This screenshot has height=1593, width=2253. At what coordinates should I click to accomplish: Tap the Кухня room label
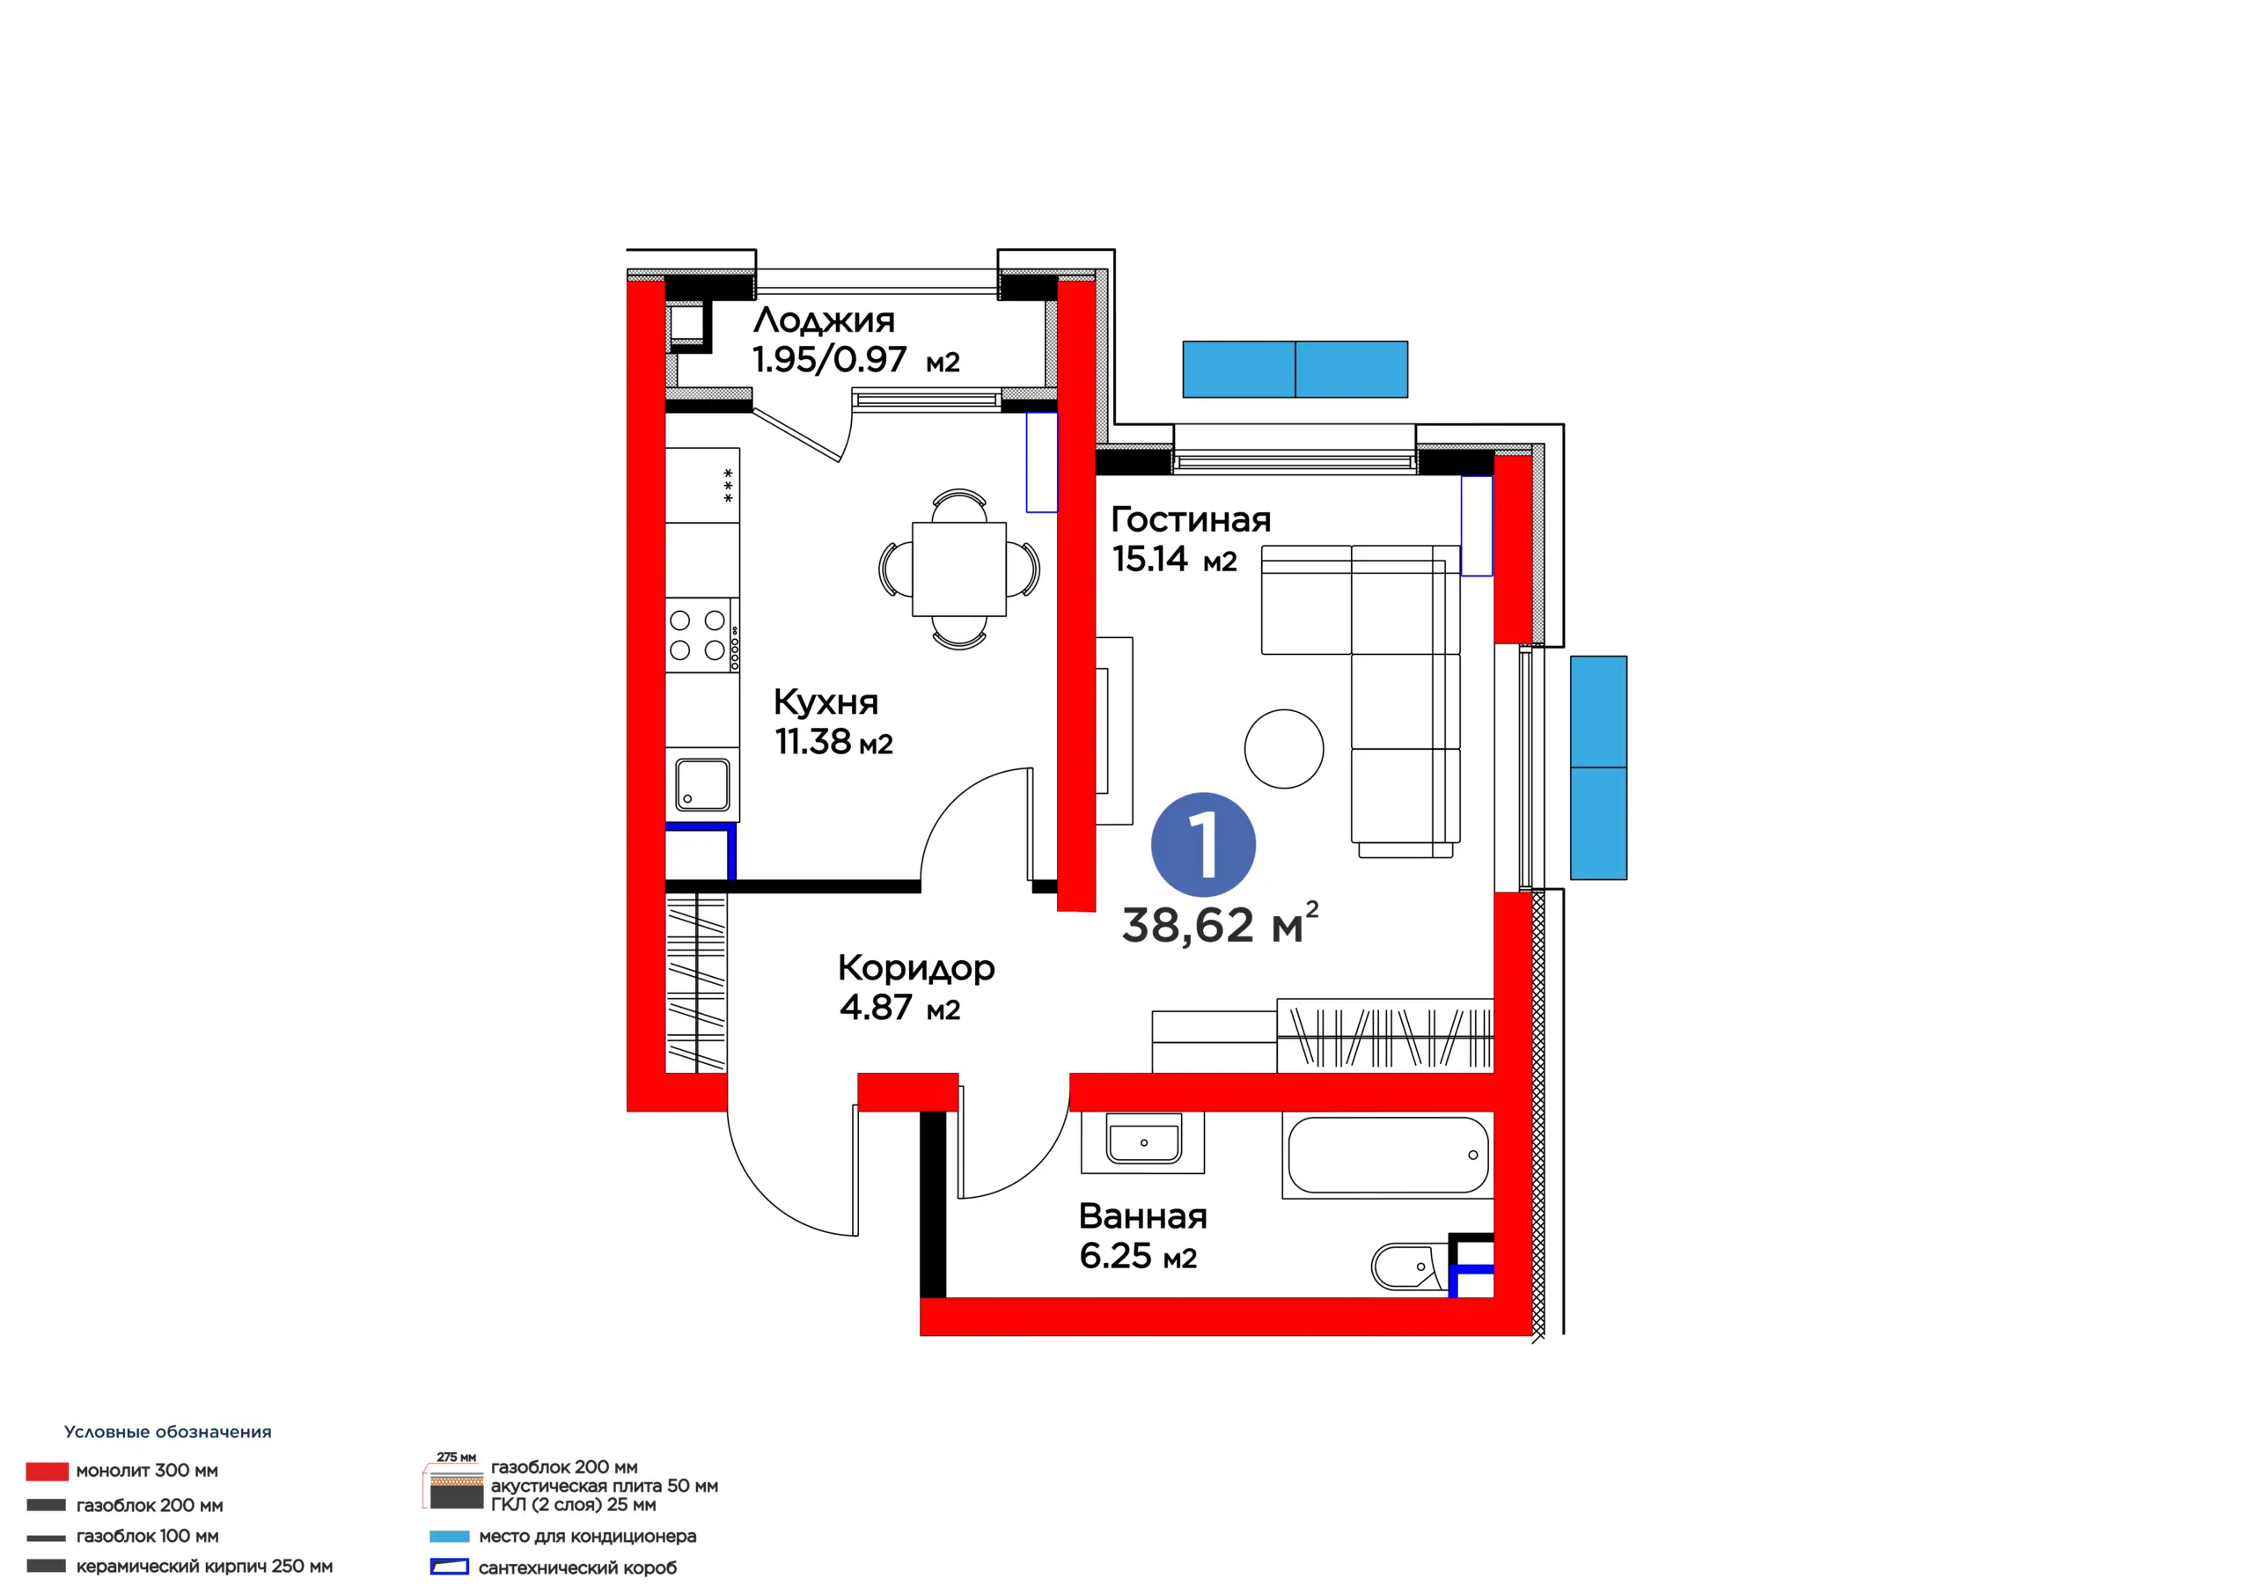(x=826, y=701)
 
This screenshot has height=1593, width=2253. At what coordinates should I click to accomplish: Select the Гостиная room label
(x=1190, y=519)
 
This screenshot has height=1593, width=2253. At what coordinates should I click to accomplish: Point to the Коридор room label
(x=915, y=969)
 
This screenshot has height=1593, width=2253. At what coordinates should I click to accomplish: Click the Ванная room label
(x=1142, y=1216)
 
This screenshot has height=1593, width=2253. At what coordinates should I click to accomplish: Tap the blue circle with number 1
(x=1203, y=844)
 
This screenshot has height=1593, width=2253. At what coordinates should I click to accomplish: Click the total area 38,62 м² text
(x=1220, y=923)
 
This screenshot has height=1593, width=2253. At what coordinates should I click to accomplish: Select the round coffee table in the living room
(x=1283, y=749)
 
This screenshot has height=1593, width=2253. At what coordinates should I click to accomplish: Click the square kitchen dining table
(x=958, y=569)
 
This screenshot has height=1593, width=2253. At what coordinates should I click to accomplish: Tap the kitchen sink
(x=702, y=785)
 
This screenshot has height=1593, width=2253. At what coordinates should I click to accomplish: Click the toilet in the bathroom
(x=1409, y=1266)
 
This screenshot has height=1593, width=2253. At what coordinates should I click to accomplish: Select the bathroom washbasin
(x=1143, y=1142)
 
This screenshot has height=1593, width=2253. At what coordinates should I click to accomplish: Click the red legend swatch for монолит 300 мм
(x=48, y=1471)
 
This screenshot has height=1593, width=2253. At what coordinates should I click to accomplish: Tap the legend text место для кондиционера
(x=587, y=1536)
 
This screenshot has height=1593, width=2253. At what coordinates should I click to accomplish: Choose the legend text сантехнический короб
(x=577, y=1567)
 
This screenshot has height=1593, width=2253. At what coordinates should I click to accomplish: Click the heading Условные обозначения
(x=168, y=1432)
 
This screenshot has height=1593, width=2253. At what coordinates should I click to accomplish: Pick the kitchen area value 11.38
(x=812, y=742)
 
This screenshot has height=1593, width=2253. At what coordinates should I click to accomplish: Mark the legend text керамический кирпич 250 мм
(x=204, y=1567)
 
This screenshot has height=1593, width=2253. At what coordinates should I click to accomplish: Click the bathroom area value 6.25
(x=1115, y=1256)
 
